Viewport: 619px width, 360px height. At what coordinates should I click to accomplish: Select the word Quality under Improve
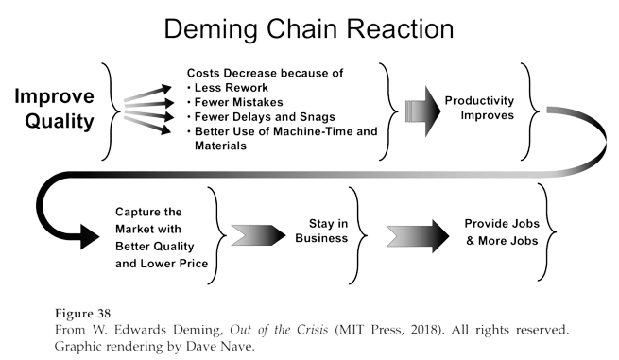pos(55,122)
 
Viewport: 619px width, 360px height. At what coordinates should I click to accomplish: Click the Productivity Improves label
pos(480,106)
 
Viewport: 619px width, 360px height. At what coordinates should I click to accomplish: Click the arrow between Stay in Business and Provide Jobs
pos(416,231)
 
